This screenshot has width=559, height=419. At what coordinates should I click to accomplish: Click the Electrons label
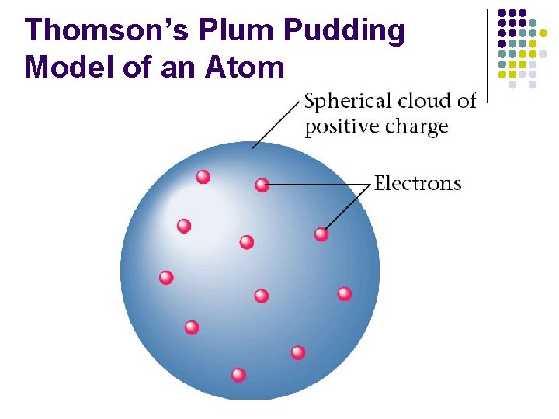[x=418, y=184]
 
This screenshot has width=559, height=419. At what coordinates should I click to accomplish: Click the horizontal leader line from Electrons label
[x=318, y=185]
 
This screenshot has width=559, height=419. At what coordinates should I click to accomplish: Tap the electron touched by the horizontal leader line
[x=262, y=185]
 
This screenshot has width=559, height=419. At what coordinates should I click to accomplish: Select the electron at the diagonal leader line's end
[x=321, y=234]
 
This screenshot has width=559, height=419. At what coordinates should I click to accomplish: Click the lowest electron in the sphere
[x=238, y=375]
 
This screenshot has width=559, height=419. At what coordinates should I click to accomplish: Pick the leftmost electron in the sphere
[x=166, y=277]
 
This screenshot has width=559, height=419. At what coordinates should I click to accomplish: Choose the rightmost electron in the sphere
[x=345, y=293]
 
